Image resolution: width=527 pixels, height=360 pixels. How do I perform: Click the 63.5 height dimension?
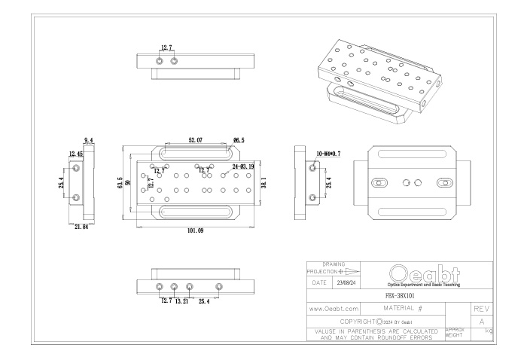120,183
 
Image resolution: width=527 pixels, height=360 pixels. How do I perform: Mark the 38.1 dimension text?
263,183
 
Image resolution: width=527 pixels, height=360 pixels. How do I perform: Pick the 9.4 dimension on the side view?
88,141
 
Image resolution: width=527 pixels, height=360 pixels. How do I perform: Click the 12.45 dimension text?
76,154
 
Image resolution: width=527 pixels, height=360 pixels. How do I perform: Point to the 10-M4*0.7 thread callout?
328,154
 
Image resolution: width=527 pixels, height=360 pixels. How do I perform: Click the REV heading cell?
480,309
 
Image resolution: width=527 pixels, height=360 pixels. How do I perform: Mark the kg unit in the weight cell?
489,331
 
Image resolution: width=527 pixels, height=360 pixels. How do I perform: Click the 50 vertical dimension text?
129,183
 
